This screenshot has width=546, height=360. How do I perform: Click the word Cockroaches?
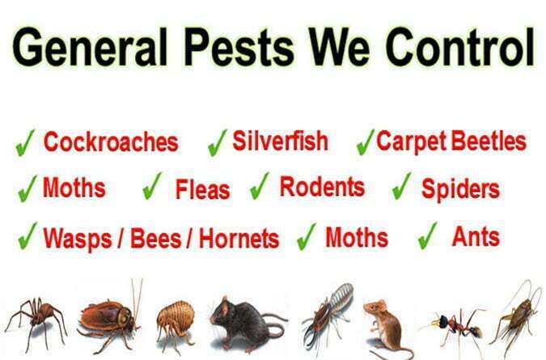(x=111, y=142)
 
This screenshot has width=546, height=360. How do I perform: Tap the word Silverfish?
(x=281, y=141)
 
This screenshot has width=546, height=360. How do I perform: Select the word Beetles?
(x=489, y=141)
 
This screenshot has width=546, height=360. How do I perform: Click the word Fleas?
(x=203, y=189)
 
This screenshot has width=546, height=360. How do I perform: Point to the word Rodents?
(x=323, y=187)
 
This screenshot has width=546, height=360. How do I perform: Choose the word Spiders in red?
(x=461, y=189)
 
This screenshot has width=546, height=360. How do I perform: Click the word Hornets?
(x=239, y=239)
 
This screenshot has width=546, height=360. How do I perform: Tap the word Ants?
(x=476, y=237)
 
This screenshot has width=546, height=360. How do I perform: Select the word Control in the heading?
(x=460, y=47)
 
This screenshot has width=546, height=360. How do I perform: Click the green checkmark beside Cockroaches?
(x=25, y=142)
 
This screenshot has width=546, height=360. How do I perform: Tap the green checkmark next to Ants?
(x=428, y=235)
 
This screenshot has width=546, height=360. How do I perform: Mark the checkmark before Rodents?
(x=260, y=186)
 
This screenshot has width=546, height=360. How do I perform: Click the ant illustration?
(x=456, y=326)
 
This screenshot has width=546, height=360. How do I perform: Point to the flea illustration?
(x=176, y=323)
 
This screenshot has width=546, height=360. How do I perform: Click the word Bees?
(x=156, y=239)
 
